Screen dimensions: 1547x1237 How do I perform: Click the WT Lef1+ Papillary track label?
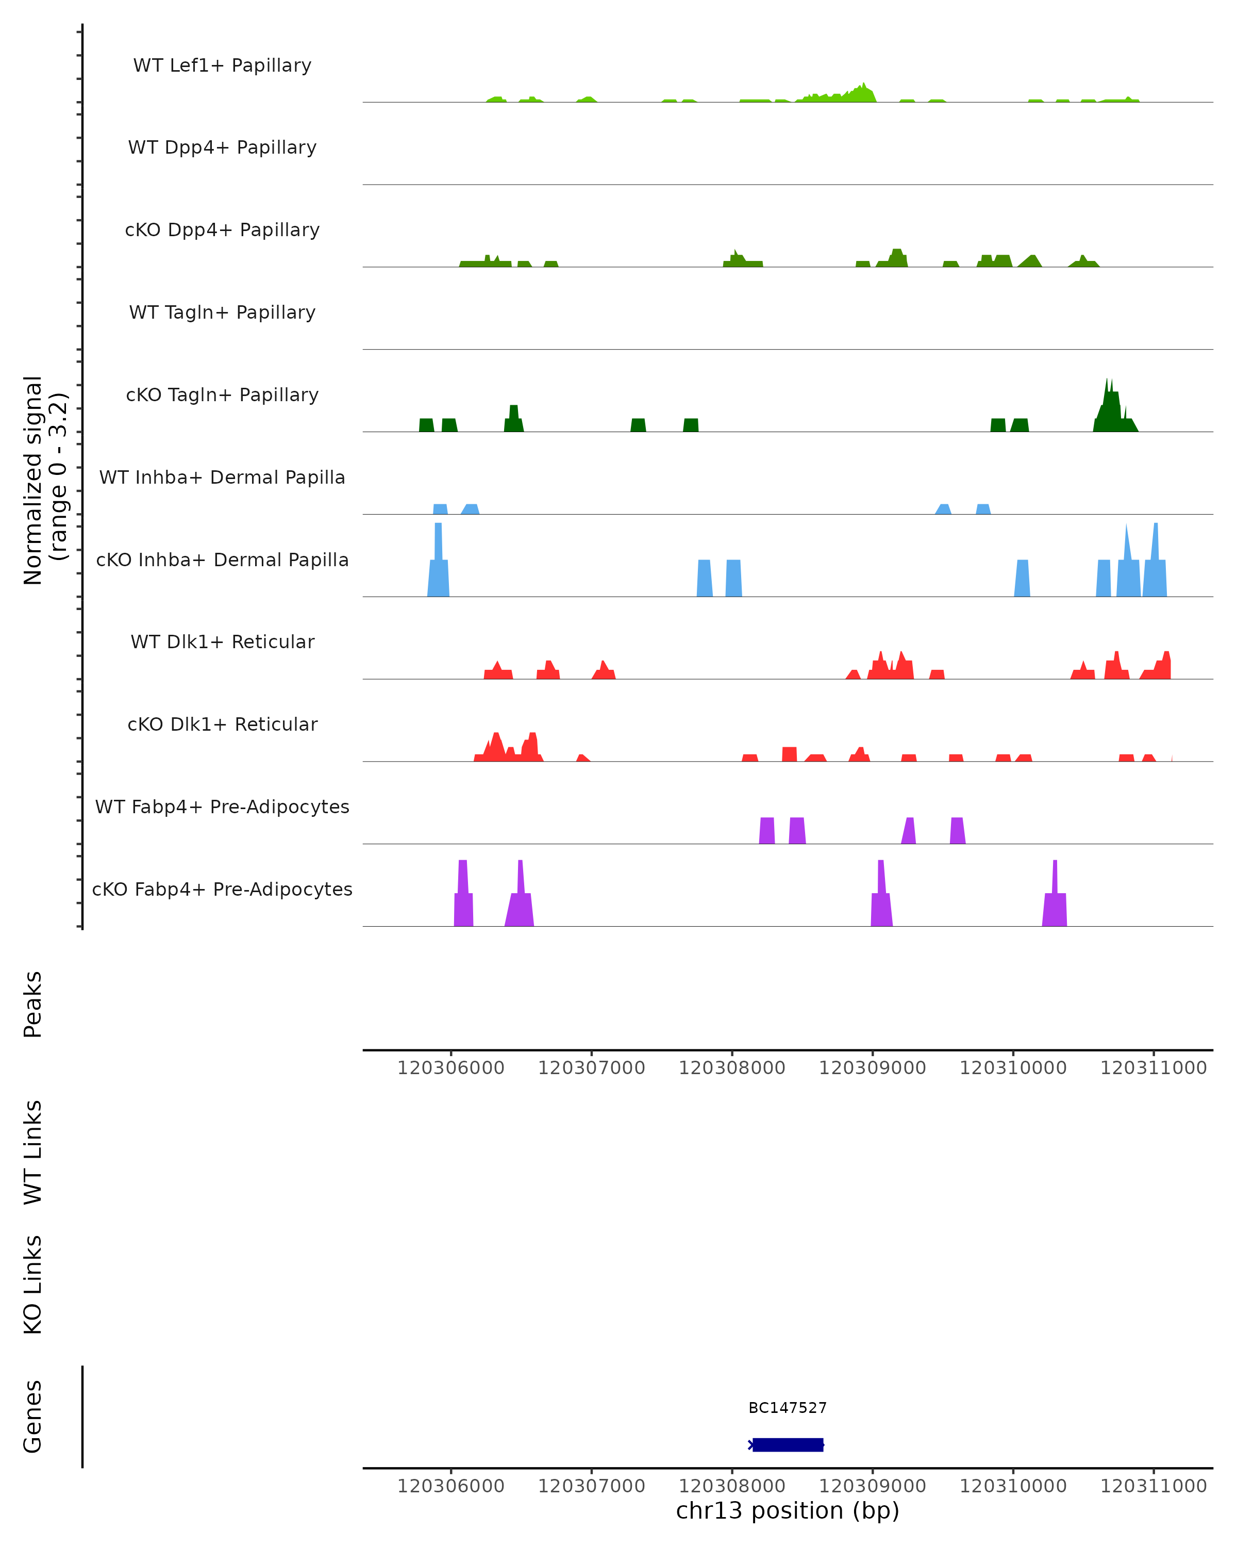click(x=222, y=65)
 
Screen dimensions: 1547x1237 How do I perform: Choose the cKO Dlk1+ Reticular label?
click(x=222, y=724)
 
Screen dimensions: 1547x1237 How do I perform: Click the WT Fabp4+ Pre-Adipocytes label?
click(x=222, y=807)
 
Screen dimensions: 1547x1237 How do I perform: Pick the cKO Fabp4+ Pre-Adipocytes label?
click(x=222, y=889)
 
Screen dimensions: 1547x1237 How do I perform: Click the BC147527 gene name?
click(x=788, y=1408)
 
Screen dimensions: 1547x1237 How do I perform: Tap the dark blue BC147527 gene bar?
click(x=788, y=1445)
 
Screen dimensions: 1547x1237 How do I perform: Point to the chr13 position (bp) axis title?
click(x=788, y=1510)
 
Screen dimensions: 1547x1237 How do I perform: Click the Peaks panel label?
click(x=33, y=1005)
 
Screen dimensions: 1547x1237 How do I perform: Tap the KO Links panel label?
click(x=33, y=1285)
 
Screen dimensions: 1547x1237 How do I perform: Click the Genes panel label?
click(x=33, y=1417)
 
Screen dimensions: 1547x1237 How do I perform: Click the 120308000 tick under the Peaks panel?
click(x=732, y=1068)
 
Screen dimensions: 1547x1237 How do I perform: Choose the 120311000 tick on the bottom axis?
click(x=1154, y=1486)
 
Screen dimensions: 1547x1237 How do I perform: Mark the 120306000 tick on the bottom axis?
click(x=451, y=1486)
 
